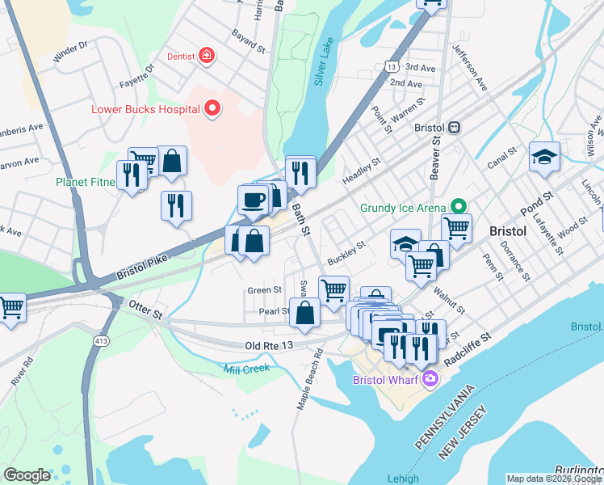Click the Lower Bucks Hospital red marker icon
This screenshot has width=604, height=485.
click(213, 108)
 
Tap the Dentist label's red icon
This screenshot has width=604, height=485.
click(208, 56)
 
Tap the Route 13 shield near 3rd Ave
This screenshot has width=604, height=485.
click(392, 67)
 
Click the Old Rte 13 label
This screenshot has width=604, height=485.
click(268, 346)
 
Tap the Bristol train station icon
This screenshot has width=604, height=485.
click(455, 128)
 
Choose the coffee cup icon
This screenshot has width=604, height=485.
click(253, 199)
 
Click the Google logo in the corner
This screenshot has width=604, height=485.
click(27, 475)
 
